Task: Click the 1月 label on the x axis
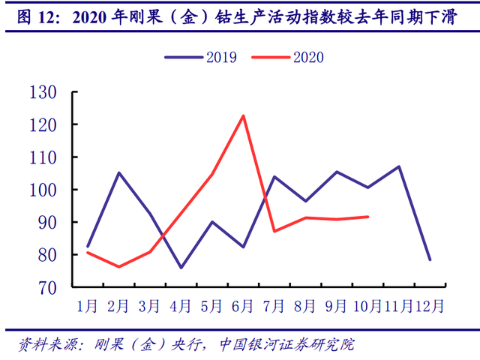click(88, 306)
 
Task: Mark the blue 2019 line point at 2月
click(119, 172)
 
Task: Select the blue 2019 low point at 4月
click(181, 268)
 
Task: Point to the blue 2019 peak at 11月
click(399, 166)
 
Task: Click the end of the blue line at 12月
click(430, 259)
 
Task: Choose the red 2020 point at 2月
click(119, 267)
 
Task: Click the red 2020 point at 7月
click(274, 231)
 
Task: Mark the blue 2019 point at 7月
click(274, 177)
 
